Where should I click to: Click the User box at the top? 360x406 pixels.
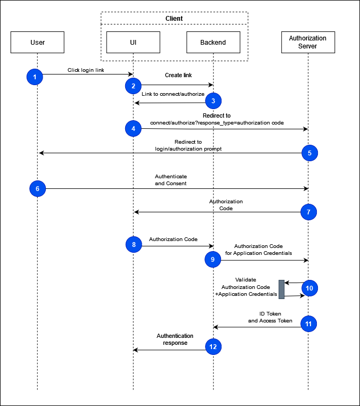pyautogui.click(x=37, y=43)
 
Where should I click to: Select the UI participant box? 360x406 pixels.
pyautogui.click(x=133, y=43)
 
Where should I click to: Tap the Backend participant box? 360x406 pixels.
pyautogui.click(x=213, y=43)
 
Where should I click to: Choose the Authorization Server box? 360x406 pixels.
pyautogui.click(x=308, y=42)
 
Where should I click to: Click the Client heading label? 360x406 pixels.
pyautogui.click(x=174, y=19)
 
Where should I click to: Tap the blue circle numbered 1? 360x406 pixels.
pyautogui.click(x=35, y=77)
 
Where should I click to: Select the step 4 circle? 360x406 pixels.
pyautogui.click(x=133, y=128)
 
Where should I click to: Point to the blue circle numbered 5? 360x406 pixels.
pyautogui.click(x=309, y=153)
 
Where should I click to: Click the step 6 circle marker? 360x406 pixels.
pyautogui.click(x=37, y=188)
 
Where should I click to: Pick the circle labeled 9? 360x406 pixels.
pyautogui.click(x=213, y=260)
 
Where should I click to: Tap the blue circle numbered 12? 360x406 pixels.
pyautogui.click(x=213, y=347)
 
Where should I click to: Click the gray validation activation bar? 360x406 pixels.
pyautogui.click(x=281, y=289)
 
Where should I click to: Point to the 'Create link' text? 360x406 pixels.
pyautogui.click(x=178, y=76)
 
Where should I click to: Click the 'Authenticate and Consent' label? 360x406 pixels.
pyautogui.click(x=171, y=179)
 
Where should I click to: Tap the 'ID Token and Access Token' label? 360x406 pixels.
pyautogui.click(x=270, y=317)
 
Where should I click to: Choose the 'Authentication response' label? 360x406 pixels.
pyautogui.click(x=175, y=339)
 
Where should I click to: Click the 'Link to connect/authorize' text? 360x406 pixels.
pyautogui.click(x=173, y=94)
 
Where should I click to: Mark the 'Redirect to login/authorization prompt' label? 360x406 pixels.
pyautogui.click(x=188, y=145)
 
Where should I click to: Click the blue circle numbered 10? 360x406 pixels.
pyautogui.click(x=309, y=288)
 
